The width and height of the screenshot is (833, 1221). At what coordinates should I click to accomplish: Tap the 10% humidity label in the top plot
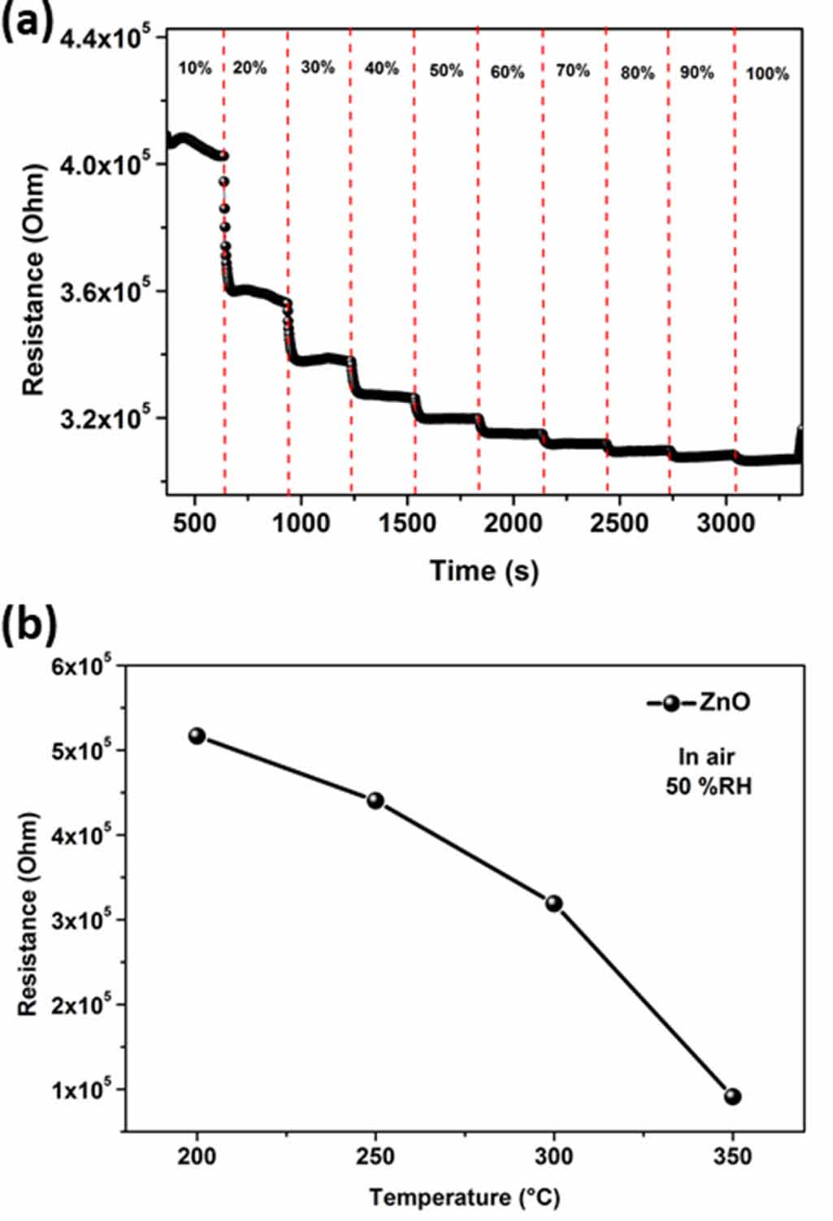click(195, 68)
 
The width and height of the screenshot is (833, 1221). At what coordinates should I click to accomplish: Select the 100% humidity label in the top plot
click(767, 74)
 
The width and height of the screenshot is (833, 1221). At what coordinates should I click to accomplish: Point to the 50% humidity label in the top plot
click(446, 71)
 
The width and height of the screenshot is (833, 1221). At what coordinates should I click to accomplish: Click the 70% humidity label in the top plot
click(573, 71)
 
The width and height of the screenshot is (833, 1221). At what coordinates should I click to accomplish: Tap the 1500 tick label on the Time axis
click(407, 523)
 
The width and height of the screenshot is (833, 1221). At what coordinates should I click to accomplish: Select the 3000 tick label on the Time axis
click(726, 523)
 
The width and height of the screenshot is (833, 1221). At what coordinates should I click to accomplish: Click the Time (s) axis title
click(484, 570)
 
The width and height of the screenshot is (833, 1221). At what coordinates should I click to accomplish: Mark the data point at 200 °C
click(197, 736)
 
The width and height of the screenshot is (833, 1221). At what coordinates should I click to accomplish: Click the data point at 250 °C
click(375, 801)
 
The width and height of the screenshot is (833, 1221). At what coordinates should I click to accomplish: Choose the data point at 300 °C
click(554, 903)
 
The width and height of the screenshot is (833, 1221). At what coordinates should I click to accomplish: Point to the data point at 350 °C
click(733, 1097)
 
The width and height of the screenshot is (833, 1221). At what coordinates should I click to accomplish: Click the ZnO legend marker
click(670, 704)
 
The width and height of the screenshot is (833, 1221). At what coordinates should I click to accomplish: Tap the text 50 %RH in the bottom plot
click(709, 786)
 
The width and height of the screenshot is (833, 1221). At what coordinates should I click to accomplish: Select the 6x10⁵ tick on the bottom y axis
click(81, 666)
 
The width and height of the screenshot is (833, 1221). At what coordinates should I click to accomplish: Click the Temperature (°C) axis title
click(465, 1197)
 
